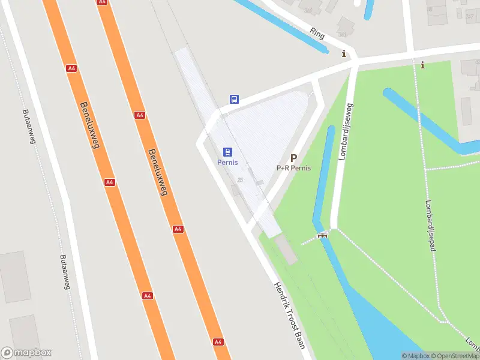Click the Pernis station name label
pos(227,163)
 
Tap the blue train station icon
pos(227,152)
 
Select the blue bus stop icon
pos(235,99)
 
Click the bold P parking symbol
pos(293,158)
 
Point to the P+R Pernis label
pos(293,168)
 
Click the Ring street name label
pos(317,34)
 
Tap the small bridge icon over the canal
pos(323,235)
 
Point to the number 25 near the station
pos(240,180)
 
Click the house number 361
pos(343,34)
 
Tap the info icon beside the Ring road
pos(344,54)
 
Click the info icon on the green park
pos(422,65)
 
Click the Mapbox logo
pos(26,353)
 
